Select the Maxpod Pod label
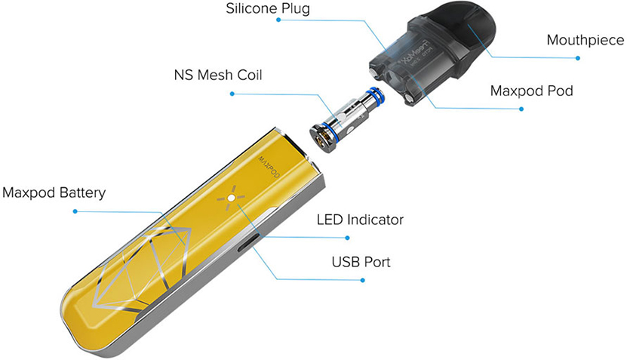point(531,91)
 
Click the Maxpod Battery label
point(54,192)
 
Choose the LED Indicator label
point(360,220)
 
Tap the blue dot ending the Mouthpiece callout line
point(579,57)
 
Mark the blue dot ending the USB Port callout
point(363,280)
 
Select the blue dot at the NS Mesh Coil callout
point(232,94)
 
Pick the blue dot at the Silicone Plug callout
point(278,20)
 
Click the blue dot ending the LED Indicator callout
point(348,237)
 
